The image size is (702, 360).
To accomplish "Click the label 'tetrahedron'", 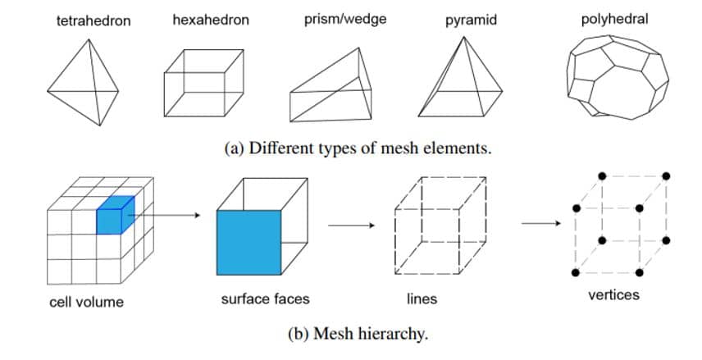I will pos(93,20).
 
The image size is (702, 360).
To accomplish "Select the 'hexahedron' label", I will pos(211,19).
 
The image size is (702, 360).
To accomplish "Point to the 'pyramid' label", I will pos(471,20).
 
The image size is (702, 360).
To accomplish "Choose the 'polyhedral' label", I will pos(614,18).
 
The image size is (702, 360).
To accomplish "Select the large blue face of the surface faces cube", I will pos(249,242).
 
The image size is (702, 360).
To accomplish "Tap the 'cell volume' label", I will pos(86,302).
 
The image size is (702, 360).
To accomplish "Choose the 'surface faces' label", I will pos(265,299).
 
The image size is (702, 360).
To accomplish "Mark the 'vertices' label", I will pos(613,295).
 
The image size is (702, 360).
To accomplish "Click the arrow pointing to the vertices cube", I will pos(541,222).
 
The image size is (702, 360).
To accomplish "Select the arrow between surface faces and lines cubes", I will pos(348,222).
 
